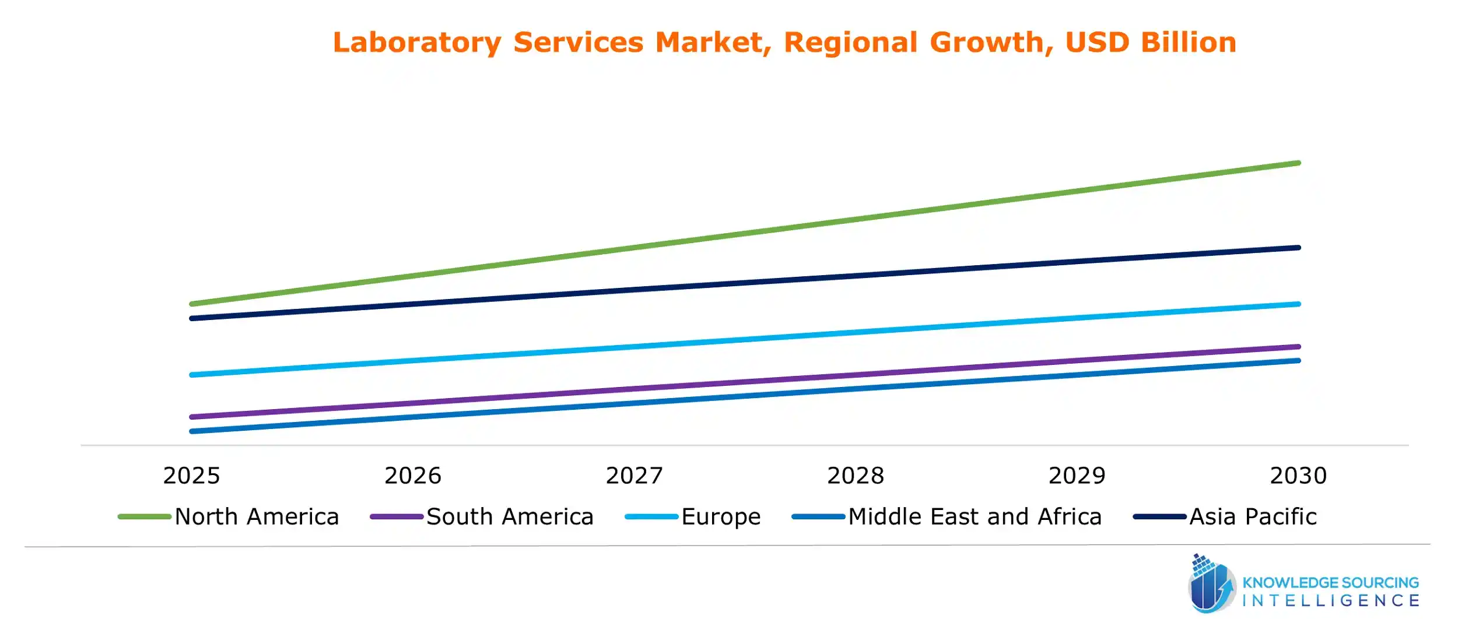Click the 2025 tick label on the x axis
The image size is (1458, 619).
[x=191, y=476]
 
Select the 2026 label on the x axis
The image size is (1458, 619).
[x=413, y=476]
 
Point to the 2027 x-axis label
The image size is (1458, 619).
[x=635, y=476]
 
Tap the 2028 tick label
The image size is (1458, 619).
[x=856, y=476]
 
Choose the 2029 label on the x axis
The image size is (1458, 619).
[x=1077, y=476]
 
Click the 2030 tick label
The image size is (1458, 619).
[x=1299, y=476]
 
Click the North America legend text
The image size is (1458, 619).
[x=257, y=517]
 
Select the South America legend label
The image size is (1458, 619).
[x=510, y=517]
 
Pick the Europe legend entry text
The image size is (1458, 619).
[x=721, y=517]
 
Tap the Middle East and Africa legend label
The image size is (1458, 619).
[x=975, y=517]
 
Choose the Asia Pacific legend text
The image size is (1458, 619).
[x=1253, y=517]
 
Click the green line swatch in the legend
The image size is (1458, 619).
[x=144, y=517]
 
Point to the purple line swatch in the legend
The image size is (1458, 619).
[x=397, y=517]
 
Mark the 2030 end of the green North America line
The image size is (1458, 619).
[x=1298, y=163]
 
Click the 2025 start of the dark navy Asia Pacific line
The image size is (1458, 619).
[x=192, y=318]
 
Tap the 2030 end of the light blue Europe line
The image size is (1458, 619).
[x=1298, y=304]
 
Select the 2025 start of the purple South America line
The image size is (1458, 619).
[x=192, y=417]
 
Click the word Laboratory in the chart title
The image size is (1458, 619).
[x=416, y=43]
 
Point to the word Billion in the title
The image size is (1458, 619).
[x=1189, y=43]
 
